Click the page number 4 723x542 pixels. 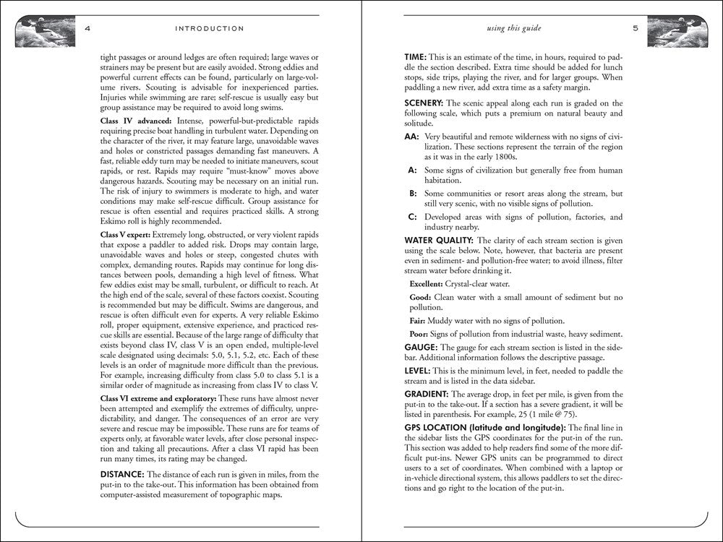[x=87, y=29]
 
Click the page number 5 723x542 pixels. [x=635, y=29]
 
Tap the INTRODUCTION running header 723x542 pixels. [x=210, y=29]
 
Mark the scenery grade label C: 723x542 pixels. [x=412, y=217]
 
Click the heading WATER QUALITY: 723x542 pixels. [x=439, y=240]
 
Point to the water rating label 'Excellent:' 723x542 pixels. [x=426, y=284]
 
